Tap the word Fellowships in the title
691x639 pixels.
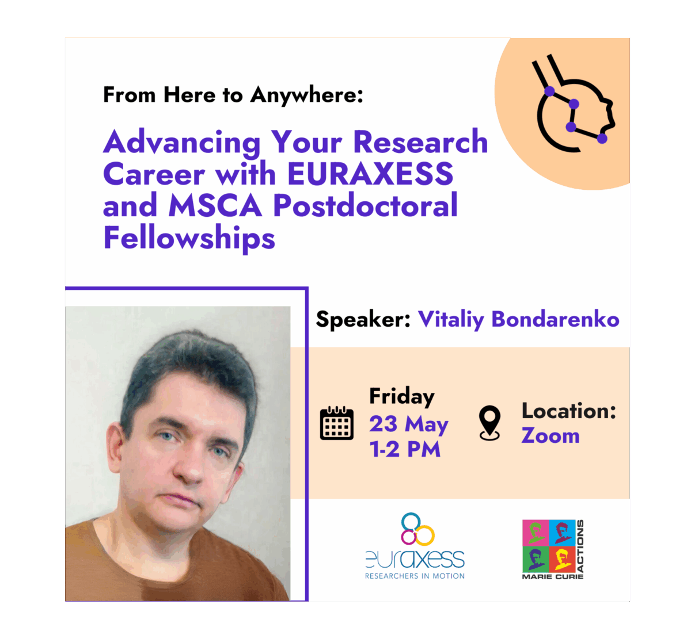[189, 238]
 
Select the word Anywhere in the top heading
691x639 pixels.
[307, 94]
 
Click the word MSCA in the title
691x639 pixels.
[215, 205]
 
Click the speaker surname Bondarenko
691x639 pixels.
[555, 319]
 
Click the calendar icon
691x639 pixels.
[336, 423]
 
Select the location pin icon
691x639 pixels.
[489, 423]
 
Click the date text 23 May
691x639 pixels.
[408, 424]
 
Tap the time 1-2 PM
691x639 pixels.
[405, 449]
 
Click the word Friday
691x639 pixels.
[402, 396]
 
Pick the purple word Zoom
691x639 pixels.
[550, 435]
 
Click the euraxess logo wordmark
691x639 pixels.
[415, 559]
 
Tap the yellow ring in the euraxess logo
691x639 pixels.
[425, 535]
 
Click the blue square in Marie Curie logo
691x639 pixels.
[562, 533]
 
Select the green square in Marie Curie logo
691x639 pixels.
[536, 559]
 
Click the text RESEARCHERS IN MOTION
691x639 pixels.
[415, 576]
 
